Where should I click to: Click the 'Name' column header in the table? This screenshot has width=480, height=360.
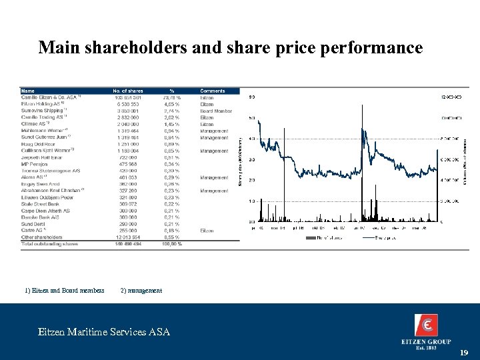pos(28,91)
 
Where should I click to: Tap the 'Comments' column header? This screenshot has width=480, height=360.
pos(213,91)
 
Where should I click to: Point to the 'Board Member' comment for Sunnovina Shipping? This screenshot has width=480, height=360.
pos(216,111)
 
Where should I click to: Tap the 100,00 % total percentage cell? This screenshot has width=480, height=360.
pos(171,244)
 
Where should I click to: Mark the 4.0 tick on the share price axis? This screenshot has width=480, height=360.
pos(251,139)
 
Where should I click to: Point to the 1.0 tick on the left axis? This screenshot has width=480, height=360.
pos(251,201)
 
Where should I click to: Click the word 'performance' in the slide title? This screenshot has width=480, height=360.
pos(371,48)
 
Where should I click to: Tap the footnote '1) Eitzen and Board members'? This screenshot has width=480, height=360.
pos(64,290)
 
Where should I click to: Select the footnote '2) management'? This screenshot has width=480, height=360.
pos(141,290)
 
